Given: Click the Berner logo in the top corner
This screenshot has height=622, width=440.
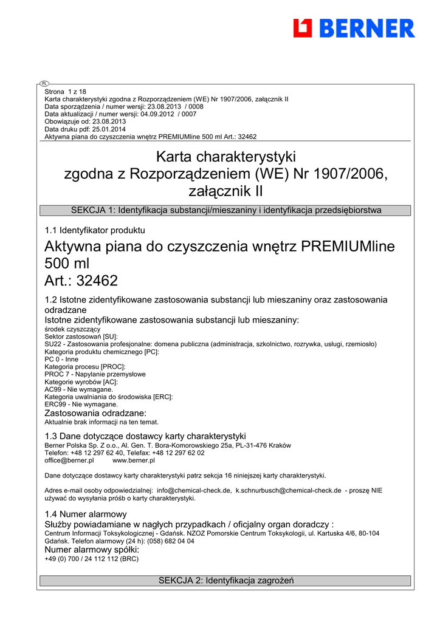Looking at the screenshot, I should pyautogui.click(x=354, y=28).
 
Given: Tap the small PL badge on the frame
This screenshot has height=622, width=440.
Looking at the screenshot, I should pyautogui.click(x=44, y=83).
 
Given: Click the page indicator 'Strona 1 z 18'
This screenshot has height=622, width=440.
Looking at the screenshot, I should pyautogui.click(x=66, y=92).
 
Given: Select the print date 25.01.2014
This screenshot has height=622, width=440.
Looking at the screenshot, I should pyautogui.click(x=111, y=129).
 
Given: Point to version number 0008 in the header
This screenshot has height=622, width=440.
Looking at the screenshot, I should pyautogui.click(x=194, y=106).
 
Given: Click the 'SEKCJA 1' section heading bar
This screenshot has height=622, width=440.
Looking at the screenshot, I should pyautogui.click(x=225, y=210).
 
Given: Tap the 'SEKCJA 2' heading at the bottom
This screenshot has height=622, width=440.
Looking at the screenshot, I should pyautogui.click(x=225, y=581).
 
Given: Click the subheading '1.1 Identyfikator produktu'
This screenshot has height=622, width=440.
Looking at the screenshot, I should pyautogui.click(x=95, y=230).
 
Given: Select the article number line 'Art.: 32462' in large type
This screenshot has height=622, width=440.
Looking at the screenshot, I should pyautogui.click(x=81, y=281).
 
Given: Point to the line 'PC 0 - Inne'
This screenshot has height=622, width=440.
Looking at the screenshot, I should pyautogui.click(x=61, y=359).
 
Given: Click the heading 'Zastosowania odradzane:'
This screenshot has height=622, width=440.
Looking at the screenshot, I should pyautogui.click(x=95, y=413).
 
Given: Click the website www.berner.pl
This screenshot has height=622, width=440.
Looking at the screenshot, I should pyautogui.click(x=134, y=460).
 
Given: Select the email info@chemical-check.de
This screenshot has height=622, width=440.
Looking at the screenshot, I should pyautogui.click(x=194, y=490).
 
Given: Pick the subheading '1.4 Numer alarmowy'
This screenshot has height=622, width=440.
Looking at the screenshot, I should pyautogui.click(x=85, y=514).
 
